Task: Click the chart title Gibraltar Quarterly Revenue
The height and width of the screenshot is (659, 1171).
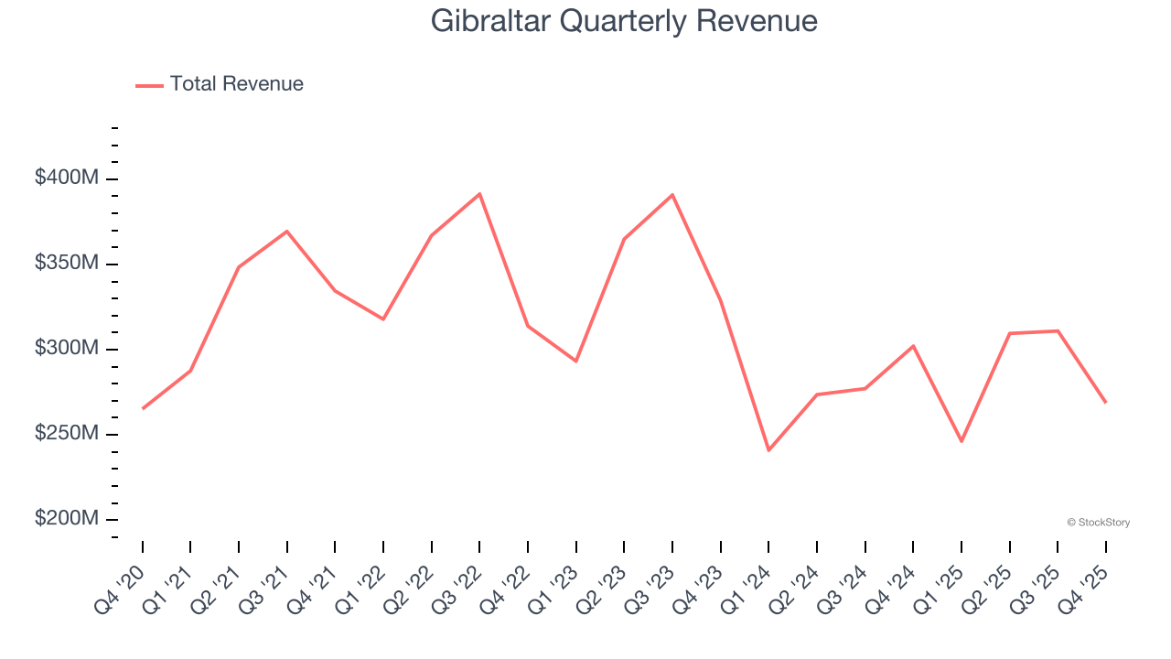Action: (x=624, y=20)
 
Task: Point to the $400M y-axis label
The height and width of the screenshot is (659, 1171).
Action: (x=67, y=178)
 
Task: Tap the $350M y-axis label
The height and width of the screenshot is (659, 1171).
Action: (x=67, y=264)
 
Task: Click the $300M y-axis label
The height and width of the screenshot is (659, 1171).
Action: (x=67, y=349)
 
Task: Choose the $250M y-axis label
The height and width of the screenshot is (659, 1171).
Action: (x=67, y=433)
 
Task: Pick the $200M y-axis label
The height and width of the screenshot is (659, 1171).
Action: (x=67, y=518)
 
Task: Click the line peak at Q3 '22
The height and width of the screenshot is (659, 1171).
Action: (x=479, y=194)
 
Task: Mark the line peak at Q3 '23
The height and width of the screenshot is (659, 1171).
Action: (x=672, y=195)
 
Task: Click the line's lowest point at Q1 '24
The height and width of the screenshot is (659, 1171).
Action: (x=768, y=450)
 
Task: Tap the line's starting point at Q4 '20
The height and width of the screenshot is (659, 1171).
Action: (x=143, y=408)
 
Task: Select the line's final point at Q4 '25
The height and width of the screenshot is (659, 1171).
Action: (x=1105, y=403)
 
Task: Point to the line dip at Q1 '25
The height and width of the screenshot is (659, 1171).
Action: (x=962, y=441)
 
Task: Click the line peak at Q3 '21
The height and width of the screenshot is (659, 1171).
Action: (x=287, y=231)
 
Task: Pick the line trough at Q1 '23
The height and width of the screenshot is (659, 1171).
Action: (x=576, y=361)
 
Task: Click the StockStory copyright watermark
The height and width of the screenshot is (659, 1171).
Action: (x=1098, y=523)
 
